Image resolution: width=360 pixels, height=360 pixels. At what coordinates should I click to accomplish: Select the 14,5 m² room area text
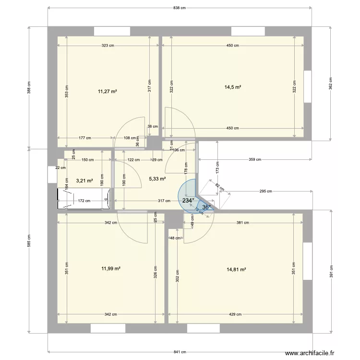click(233, 87)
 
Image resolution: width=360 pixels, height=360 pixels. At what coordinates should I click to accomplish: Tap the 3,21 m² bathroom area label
click(84, 181)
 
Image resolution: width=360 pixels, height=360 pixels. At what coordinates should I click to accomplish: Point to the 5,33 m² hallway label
click(157, 179)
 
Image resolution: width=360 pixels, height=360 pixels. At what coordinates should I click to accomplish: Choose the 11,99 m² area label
click(109, 269)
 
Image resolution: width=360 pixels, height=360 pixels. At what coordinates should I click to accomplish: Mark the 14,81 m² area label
click(236, 269)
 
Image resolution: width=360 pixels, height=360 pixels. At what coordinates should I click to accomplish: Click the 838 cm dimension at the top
click(180, 8)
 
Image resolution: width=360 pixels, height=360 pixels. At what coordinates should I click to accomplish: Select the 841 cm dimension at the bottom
click(180, 352)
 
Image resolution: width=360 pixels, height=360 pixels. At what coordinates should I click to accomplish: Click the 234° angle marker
click(188, 201)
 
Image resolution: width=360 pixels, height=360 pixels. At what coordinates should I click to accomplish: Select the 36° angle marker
click(206, 207)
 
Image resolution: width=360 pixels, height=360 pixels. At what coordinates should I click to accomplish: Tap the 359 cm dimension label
click(255, 159)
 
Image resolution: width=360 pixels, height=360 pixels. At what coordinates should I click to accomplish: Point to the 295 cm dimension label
click(265, 191)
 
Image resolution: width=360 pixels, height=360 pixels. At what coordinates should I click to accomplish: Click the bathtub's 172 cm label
click(84, 201)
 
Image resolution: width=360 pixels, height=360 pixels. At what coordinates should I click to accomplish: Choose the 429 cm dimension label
click(235, 314)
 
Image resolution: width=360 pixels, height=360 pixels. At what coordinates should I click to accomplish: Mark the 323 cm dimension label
click(108, 46)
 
